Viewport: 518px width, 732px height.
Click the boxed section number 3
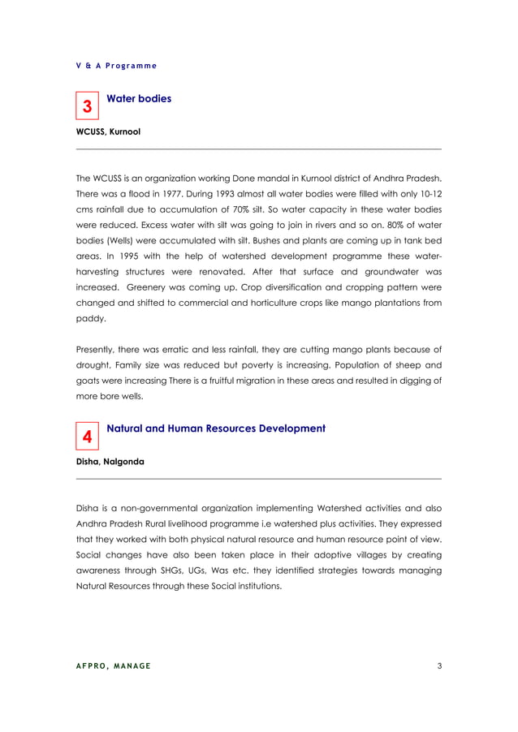click(87, 106)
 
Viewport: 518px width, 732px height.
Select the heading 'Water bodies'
click(139, 99)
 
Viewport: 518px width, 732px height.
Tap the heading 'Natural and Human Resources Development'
click(216, 428)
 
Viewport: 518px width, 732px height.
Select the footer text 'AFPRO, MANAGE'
click(113, 666)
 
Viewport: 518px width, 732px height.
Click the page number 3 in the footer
click(438, 666)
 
